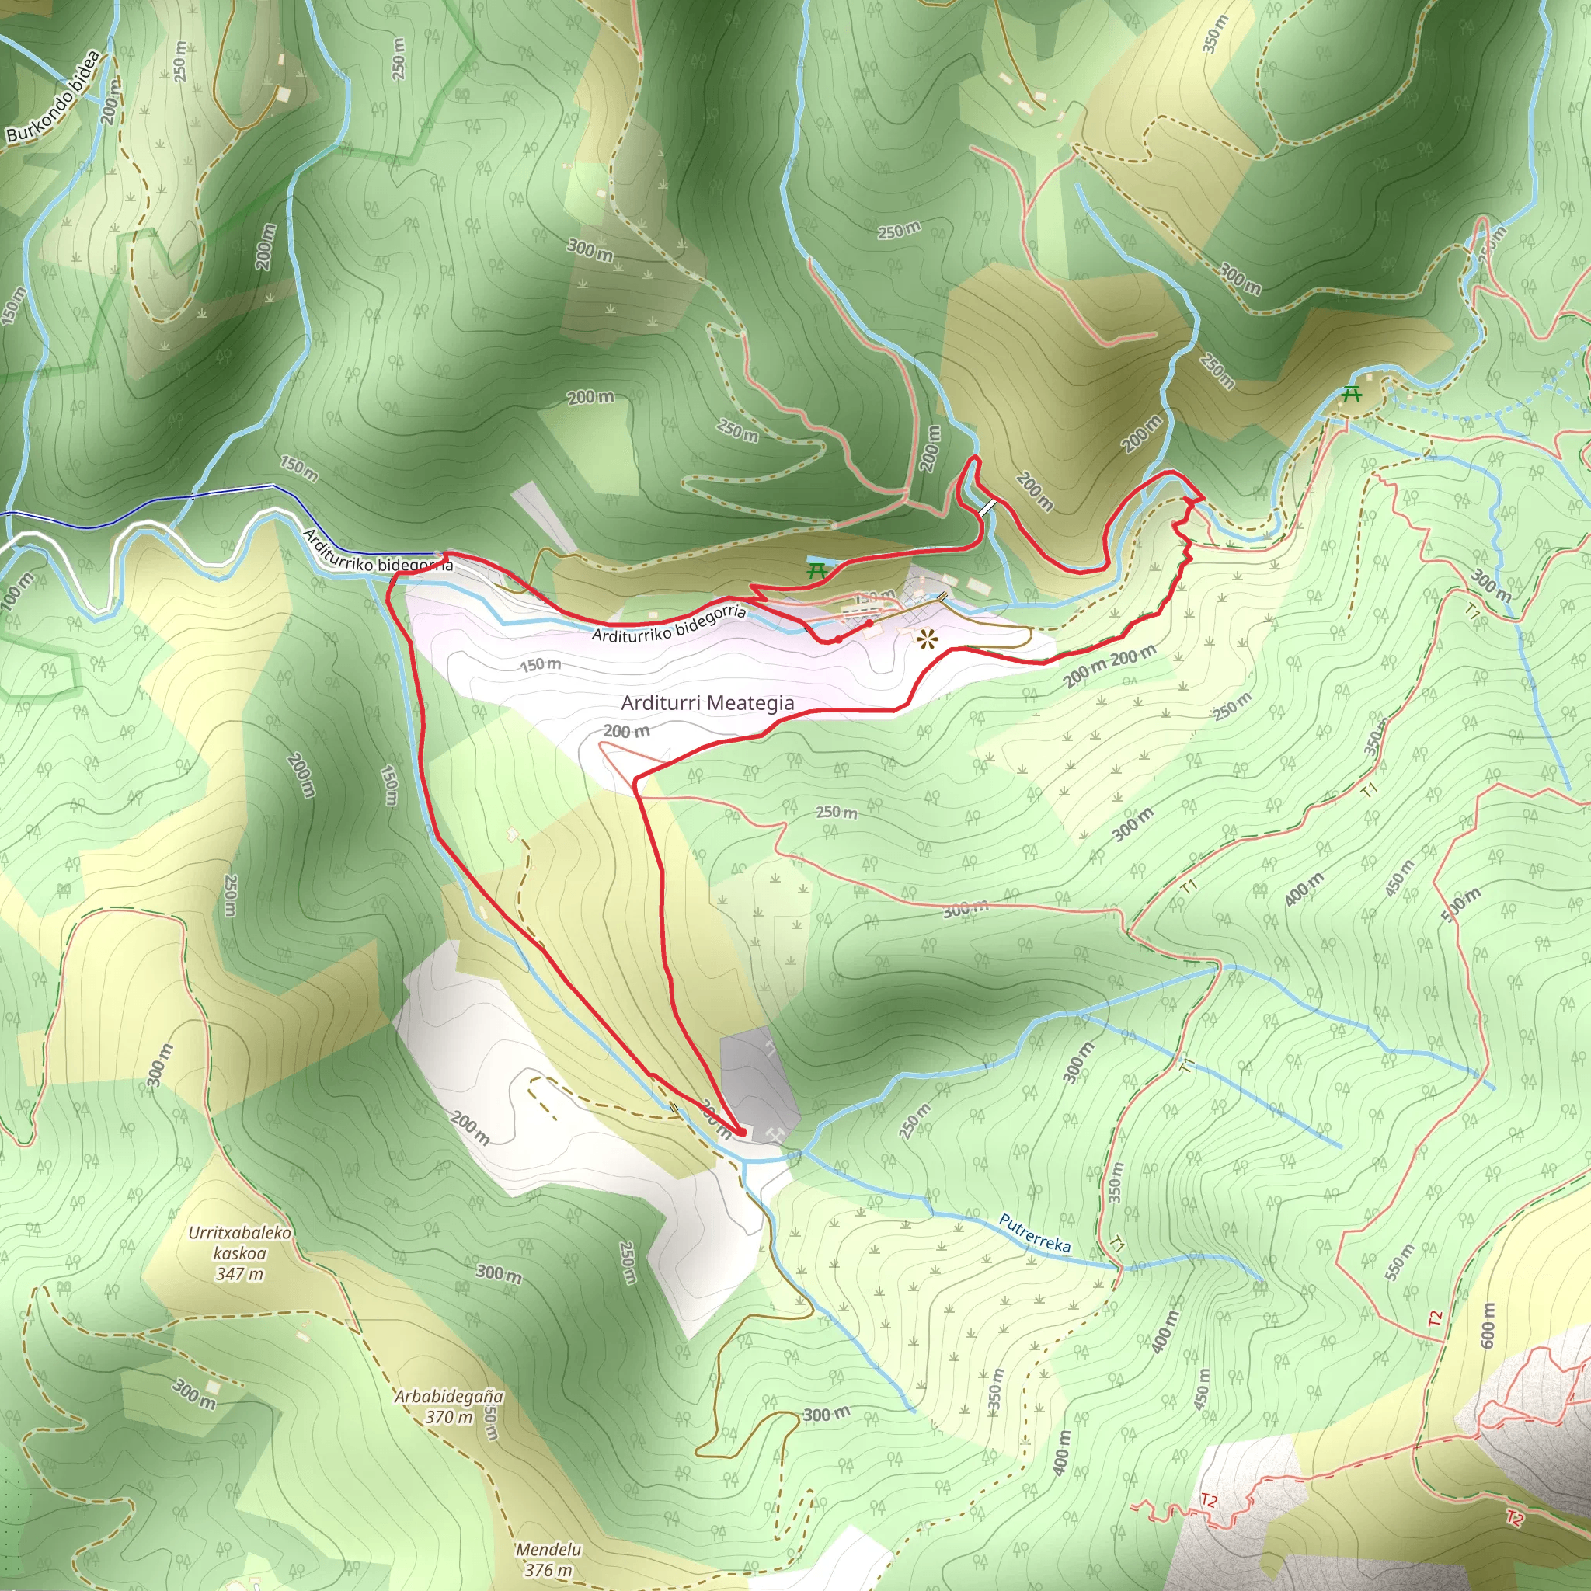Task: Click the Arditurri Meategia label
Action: pos(708,702)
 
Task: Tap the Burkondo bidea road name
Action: pos(54,96)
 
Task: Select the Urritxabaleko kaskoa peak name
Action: pos(239,1243)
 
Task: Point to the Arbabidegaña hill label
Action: pos(449,1397)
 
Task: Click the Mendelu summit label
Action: pos(548,1550)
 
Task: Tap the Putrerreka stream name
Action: pos(1034,1233)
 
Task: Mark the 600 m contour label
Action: pos(1488,1326)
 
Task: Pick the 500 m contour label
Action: pos(1461,904)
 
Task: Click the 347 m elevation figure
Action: pos(239,1274)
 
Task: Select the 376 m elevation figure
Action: pos(548,1570)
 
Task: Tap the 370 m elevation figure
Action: pos(449,1417)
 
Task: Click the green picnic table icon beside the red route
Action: pos(817,570)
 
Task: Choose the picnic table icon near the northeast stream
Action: pos(1352,394)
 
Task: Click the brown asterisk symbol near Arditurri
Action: pos(928,639)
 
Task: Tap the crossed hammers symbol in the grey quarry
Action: pos(773,1135)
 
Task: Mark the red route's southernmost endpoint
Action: pos(742,1133)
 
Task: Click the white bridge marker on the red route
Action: pos(987,508)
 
